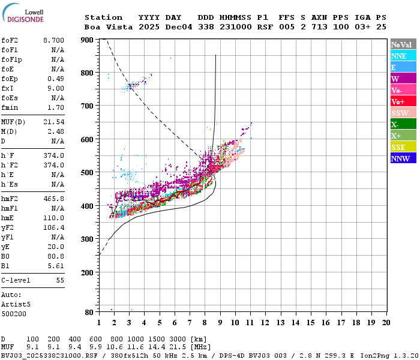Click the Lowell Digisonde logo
click(23, 13)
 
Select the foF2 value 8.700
click(53, 40)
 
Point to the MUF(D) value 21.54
click(53, 122)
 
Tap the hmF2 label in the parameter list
click(10, 199)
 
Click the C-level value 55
click(60, 280)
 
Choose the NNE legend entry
click(403, 56)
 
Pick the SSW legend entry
click(403, 113)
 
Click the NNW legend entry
click(403, 158)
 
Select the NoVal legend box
click(403, 44)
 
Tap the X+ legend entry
click(403, 136)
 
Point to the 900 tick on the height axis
click(87, 40)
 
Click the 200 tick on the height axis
click(87, 272)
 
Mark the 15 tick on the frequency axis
click(310, 323)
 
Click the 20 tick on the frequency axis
click(386, 323)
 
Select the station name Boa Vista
click(109, 27)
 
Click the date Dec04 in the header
click(179, 27)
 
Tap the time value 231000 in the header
click(236, 27)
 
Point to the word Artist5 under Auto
click(16, 305)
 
